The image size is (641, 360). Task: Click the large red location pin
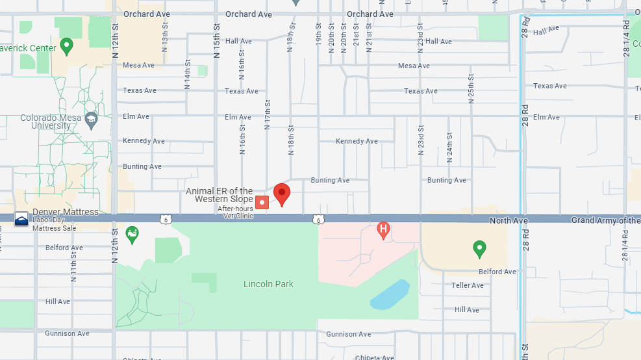click(x=281, y=193)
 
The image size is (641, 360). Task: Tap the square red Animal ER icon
click(x=262, y=202)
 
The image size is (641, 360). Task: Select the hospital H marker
click(x=384, y=229)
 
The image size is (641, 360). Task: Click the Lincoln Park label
click(x=268, y=284)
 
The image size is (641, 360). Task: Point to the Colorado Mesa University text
click(x=51, y=122)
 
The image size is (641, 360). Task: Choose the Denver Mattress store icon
click(x=21, y=219)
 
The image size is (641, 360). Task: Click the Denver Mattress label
click(x=66, y=212)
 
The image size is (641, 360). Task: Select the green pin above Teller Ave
click(x=479, y=248)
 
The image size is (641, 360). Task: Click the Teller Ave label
click(x=468, y=285)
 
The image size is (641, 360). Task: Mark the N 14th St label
click(x=187, y=75)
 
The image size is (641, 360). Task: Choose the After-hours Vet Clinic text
click(x=235, y=212)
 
